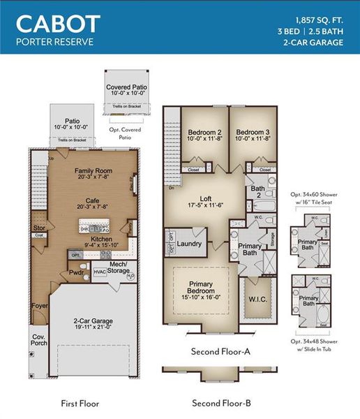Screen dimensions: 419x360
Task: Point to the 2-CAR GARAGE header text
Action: [x=313, y=43]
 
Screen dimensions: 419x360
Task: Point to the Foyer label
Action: [x=39, y=305]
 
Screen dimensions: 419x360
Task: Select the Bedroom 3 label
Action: [x=251, y=132]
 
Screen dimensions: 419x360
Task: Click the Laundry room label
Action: [x=190, y=244]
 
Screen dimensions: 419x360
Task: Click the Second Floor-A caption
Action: [x=220, y=351]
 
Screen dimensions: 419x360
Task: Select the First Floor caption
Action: [x=80, y=403]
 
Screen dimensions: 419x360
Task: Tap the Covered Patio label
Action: [x=127, y=87]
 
